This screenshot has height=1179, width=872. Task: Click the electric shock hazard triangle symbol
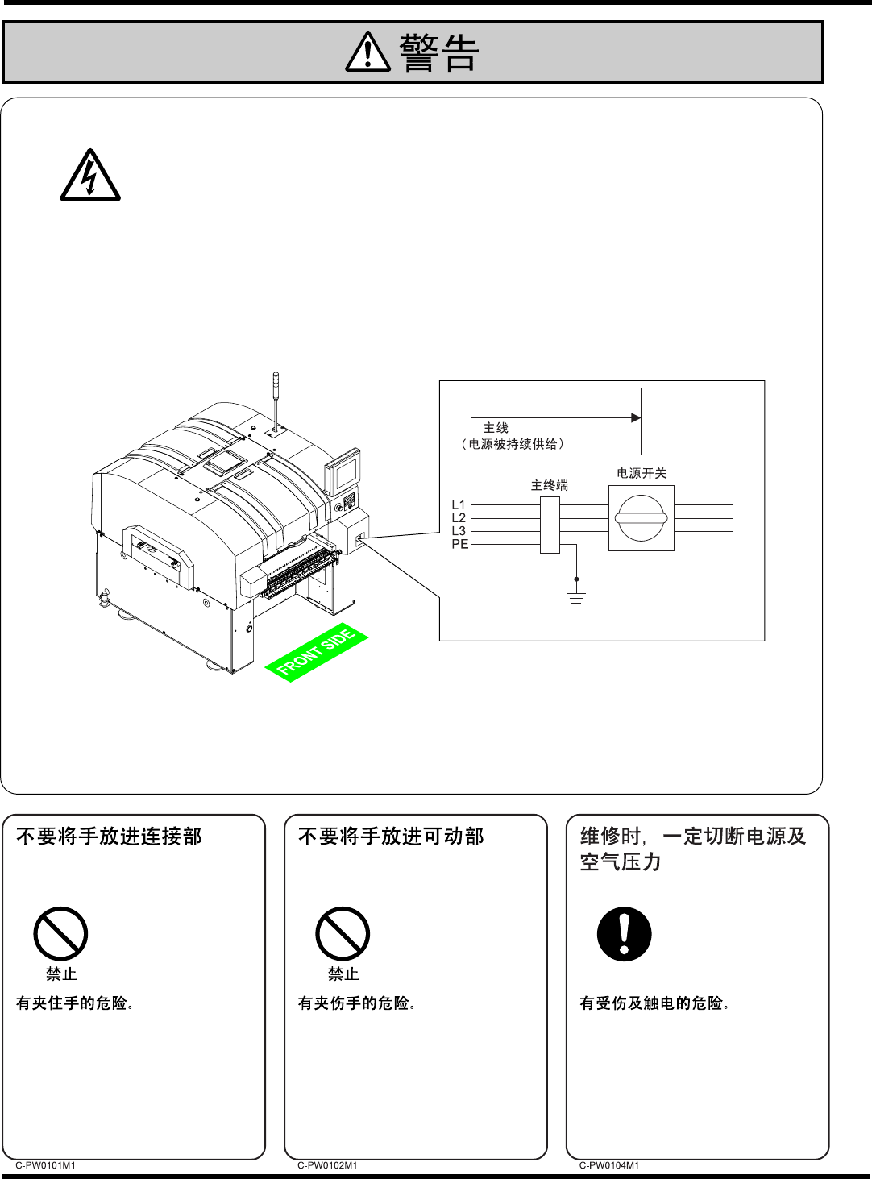pyautogui.click(x=90, y=176)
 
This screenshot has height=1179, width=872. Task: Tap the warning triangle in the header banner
pyautogui.click(x=367, y=53)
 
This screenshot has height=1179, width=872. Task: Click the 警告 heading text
pyautogui.click(x=439, y=53)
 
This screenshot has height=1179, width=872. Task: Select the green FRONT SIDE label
pyautogui.click(x=316, y=653)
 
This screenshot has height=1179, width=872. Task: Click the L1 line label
pyautogui.click(x=459, y=505)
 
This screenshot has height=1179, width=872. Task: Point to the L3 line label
pyautogui.click(x=459, y=531)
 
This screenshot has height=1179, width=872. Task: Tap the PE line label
pyautogui.click(x=459, y=544)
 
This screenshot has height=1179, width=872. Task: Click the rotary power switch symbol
pyautogui.click(x=641, y=518)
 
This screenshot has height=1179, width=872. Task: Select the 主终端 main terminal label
pyautogui.click(x=550, y=485)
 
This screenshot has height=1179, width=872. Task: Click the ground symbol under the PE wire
pyautogui.click(x=576, y=597)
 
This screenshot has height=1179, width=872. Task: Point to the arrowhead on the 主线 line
pyautogui.click(x=636, y=417)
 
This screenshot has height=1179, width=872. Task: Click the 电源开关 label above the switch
pyautogui.click(x=642, y=473)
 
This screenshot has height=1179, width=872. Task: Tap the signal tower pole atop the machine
pyautogui.click(x=275, y=399)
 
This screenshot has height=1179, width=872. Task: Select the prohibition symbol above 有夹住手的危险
pyautogui.click(x=60, y=934)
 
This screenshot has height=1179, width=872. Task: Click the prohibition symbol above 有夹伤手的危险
pyautogui.click(x=343, y=934)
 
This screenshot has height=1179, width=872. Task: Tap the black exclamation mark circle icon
pyautogui.click(x=624, y=934)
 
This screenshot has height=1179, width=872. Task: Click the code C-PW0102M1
pyautogui.click(x=327, y=1165)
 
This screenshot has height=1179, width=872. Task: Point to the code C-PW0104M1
pyautogui.click(x=609, y=1165)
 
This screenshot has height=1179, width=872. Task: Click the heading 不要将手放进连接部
pyautogui.click(x=109, y=837)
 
